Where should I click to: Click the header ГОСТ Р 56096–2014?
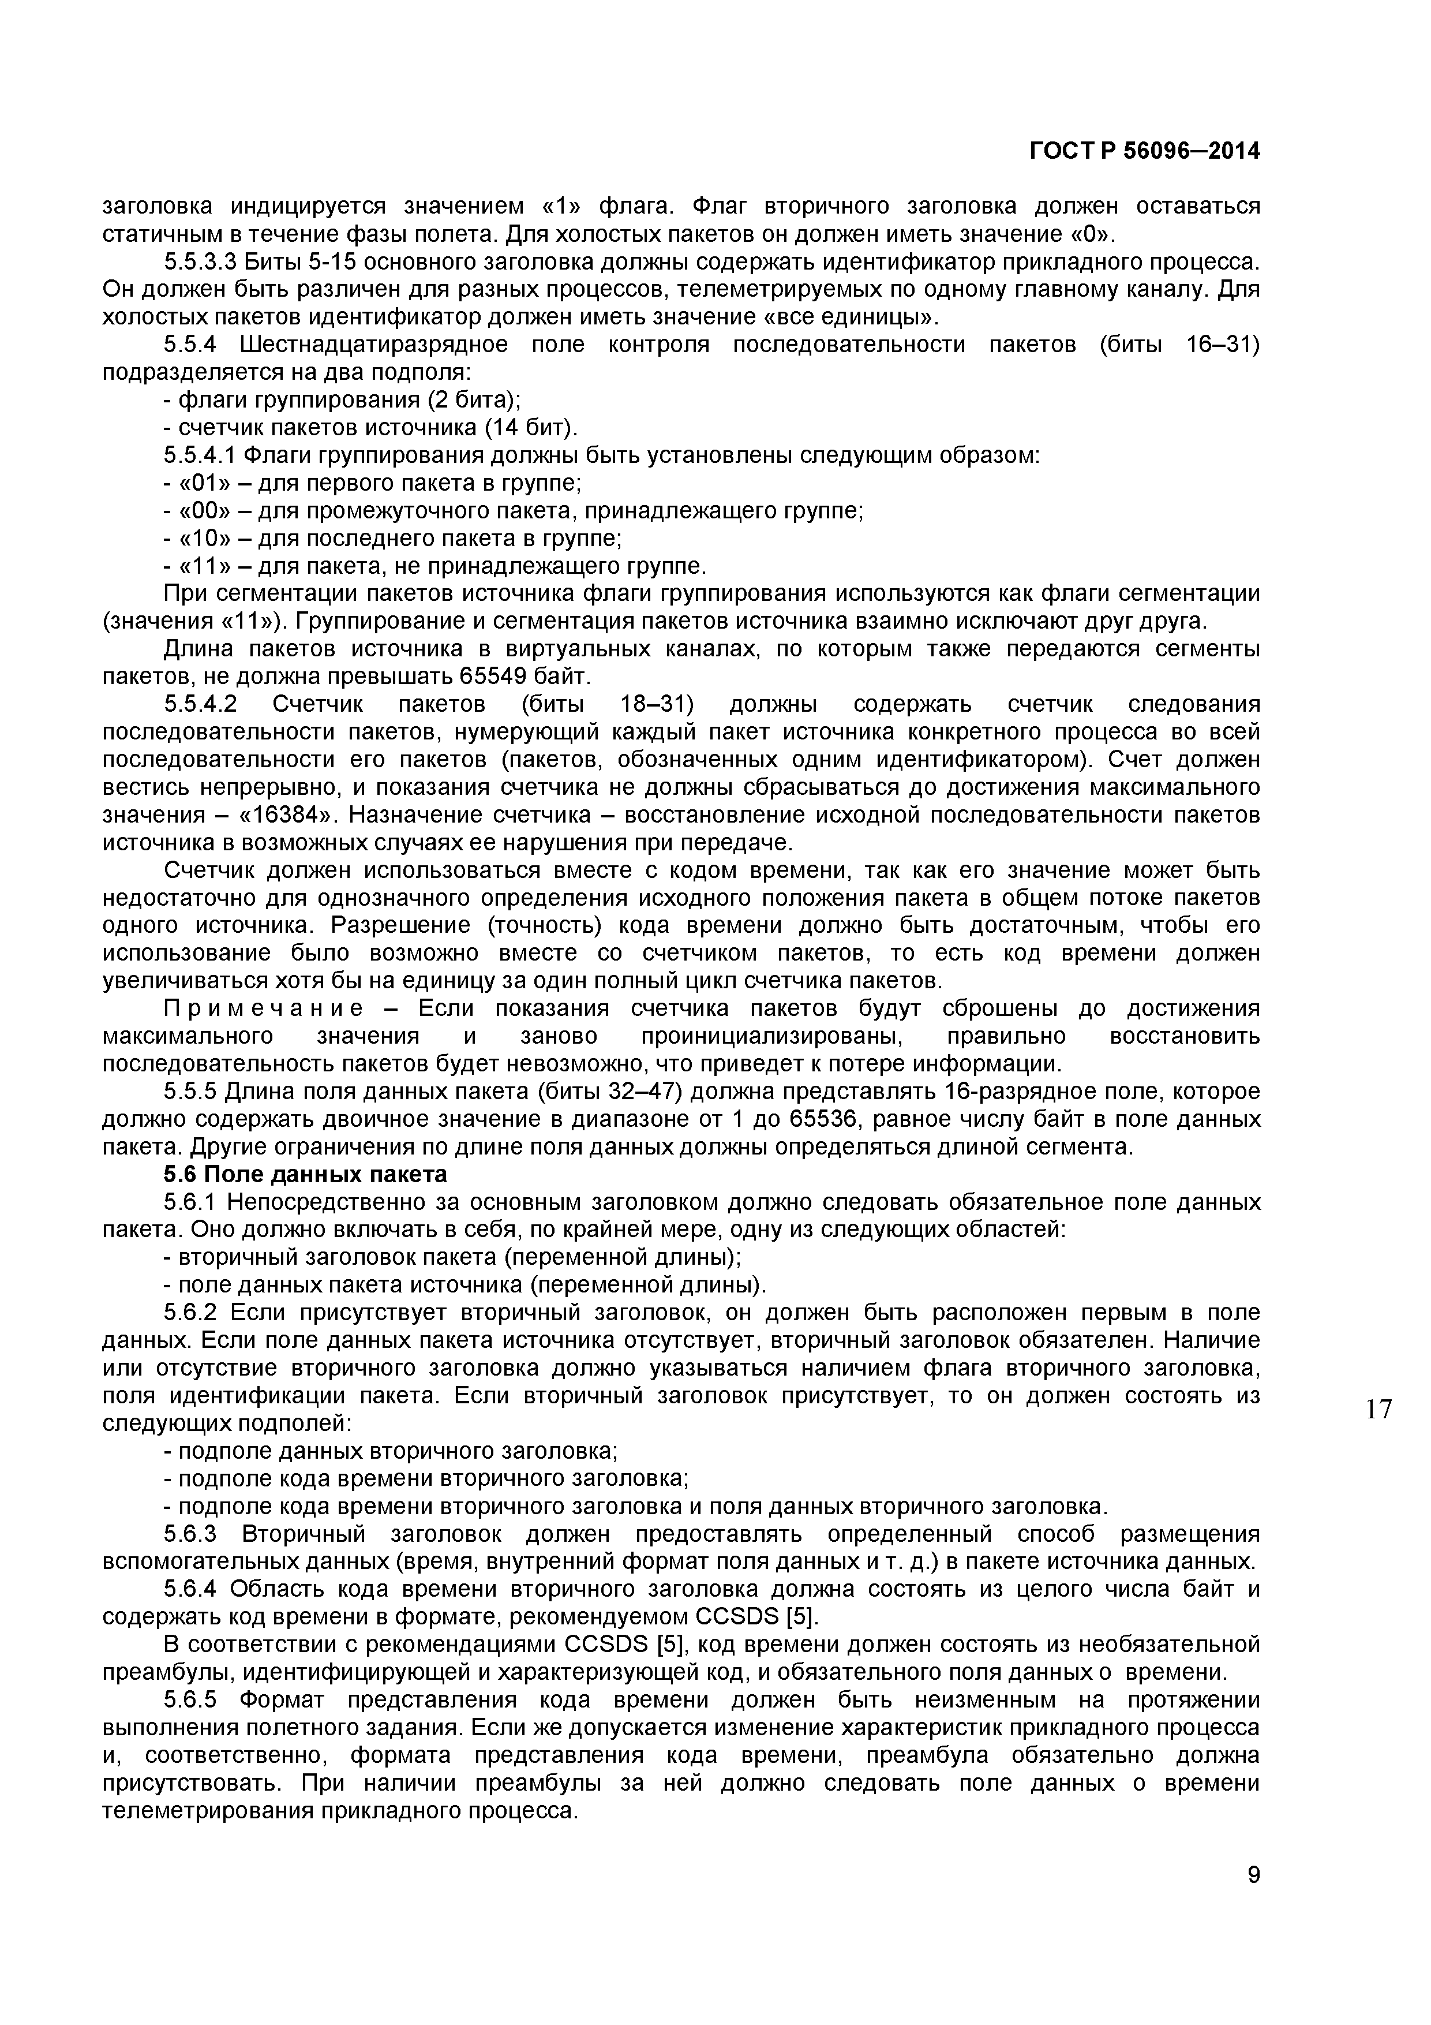pos(1144,152)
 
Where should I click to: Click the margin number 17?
pos(1378,1410)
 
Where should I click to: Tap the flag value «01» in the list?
pos(205,483)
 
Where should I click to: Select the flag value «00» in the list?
pos(205,511)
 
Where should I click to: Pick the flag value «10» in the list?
pos(205,538)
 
